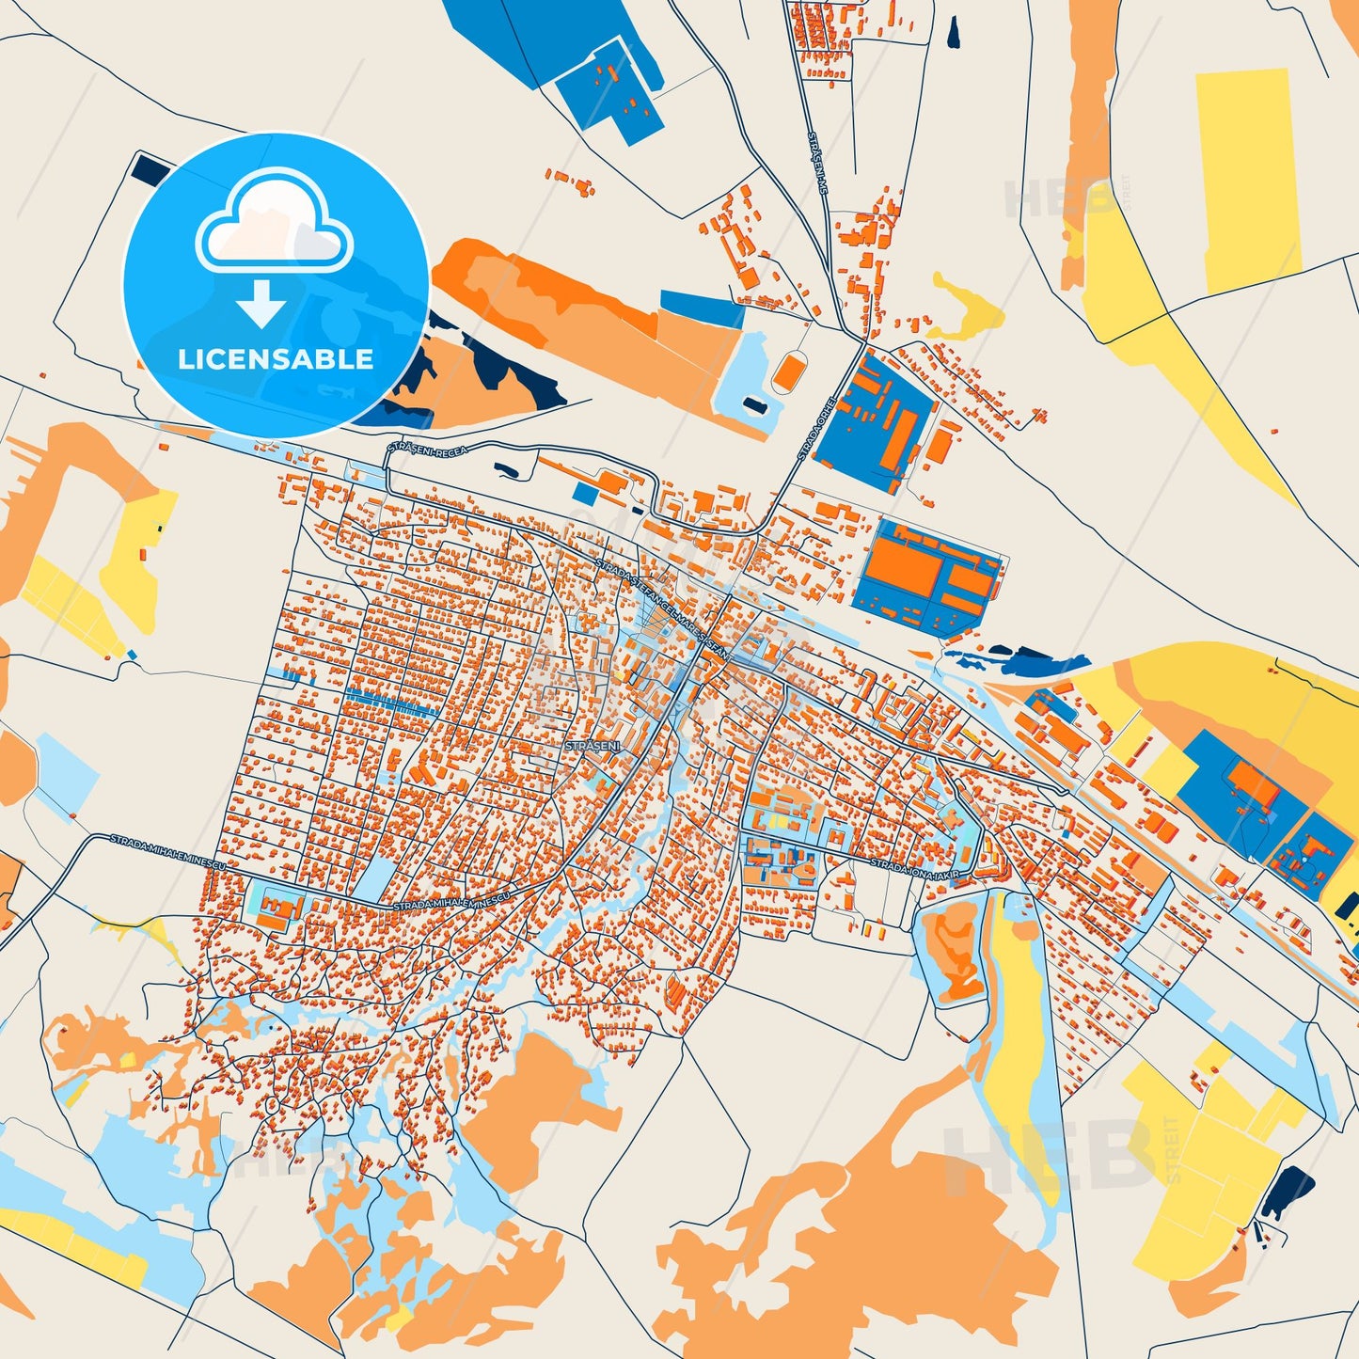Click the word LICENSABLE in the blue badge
(276, 359)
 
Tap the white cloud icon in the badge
(274, 225)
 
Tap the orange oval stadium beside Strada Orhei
(787, 372)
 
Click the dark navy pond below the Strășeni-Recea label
(505, 469)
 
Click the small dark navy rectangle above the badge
(149, 168)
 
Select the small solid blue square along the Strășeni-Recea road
(585, 494)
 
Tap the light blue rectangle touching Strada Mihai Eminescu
(374, 878)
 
